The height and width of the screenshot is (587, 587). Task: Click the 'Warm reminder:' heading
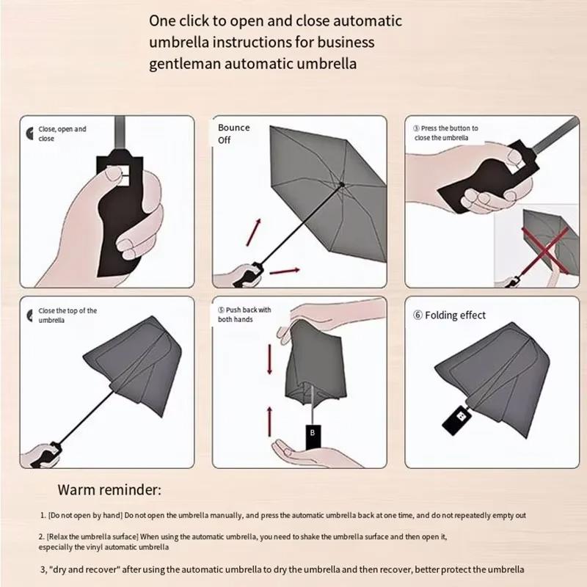coord(109,489)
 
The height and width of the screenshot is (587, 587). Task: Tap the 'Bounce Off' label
coord(233,134)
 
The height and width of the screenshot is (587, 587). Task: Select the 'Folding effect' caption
coord(449,316)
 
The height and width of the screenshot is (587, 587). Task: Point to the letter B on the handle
coord(312,433)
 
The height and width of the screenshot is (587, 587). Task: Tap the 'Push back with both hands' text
coord(245,315)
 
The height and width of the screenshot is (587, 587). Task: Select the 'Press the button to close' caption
coord(445,133)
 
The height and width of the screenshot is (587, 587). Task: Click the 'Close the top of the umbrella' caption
coord(67,316)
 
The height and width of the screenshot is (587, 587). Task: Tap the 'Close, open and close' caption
coord(62,134)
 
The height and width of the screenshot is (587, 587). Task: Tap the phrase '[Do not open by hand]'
coord(81,516)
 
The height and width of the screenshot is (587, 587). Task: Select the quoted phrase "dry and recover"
coord(80,569)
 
